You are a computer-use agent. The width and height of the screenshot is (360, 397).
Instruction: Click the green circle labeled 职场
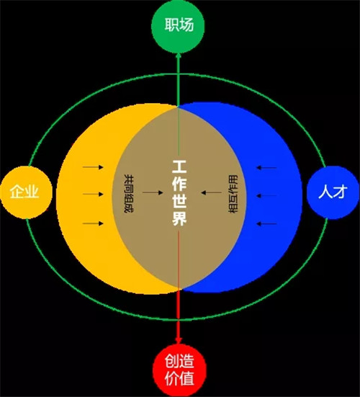pos(178,26)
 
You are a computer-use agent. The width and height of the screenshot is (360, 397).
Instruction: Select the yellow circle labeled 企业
pos(26,192)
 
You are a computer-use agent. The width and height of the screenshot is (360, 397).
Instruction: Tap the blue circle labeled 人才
pos(333,192)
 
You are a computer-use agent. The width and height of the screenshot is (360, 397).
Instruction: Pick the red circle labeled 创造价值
pos(179,370)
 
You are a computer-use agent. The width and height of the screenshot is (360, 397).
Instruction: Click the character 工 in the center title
pos(179,166)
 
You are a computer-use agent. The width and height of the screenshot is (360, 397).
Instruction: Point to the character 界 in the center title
pos(179,218)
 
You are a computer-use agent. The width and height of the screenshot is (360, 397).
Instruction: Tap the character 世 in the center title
pos(179,201)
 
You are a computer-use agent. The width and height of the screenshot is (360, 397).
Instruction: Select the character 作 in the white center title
pos(179,184)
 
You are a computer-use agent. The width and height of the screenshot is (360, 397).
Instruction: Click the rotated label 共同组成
pos(129,193)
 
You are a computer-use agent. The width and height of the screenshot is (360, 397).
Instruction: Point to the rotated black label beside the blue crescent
pos(233,194)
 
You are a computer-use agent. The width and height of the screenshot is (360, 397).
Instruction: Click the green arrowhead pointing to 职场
pos(179,55)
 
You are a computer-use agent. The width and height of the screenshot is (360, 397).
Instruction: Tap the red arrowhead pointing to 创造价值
pos(179,340)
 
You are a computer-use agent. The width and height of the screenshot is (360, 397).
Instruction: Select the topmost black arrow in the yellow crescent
pos(93,167)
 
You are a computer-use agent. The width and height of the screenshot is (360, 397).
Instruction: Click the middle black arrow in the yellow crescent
pos(93,195)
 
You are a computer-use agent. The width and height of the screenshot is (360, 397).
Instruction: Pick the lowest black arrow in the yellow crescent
pos(93,223)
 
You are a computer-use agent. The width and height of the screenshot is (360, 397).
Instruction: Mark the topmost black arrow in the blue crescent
pos(266,167)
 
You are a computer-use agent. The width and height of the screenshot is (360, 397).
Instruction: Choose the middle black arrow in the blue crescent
pos(266,196)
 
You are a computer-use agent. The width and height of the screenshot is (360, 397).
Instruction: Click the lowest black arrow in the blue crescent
pos(266,223)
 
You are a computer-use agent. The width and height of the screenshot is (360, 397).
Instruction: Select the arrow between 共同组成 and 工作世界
pos(153,192)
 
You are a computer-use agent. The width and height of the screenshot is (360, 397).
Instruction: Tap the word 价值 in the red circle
pos(179,379)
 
